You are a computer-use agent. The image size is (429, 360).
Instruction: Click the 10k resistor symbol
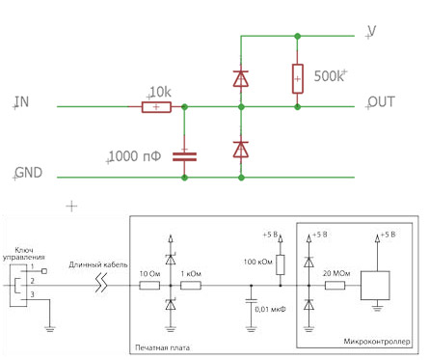pyautogui.click(x=156, y=107)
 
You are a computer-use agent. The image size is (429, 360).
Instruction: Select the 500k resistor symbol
pyautogui.click(x=298, y=78)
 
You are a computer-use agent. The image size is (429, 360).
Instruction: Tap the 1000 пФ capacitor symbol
pyautogui.click(x=184, y=156)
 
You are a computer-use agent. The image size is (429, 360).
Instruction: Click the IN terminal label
pyautogui.click(x=22, y=101)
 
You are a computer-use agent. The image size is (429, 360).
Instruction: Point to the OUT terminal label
pyautogui.click(x=381, y=101)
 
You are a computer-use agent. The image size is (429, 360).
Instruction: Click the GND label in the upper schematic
pyautogui.click(x=29, y=173)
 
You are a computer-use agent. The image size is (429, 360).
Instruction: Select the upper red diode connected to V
pyautogui.click(x=241, y=78)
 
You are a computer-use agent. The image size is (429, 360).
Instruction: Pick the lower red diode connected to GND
pyautogui.click(x=241, y=150)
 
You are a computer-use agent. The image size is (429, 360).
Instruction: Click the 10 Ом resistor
pyautogui.click(x=149, y=286)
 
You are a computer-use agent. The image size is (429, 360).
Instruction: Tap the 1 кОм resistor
pyautogui.click(x=191, y=286)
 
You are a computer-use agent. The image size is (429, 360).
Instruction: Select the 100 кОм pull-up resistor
pyautogui.click(x=281, y=264)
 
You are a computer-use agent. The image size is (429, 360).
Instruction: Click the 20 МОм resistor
pyautogui.click(x=335, y=286)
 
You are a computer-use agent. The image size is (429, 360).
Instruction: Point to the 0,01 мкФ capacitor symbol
pyautogui.click(x=252, y=301)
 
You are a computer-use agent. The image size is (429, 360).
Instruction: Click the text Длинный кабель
pyautogui.click(x=98, y=264)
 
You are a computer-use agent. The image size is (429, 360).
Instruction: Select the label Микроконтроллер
pyautogui.click(x=377, y=341)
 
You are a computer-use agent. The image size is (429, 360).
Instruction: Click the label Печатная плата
pyautogui.click(x=162, y=347)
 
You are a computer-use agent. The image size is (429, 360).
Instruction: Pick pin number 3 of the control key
pyautogui.click(x=32, y=294)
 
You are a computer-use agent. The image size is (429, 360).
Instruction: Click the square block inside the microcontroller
pyautogui.click(x=375, y=286)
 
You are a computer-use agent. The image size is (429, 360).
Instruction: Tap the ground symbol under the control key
pyautogui.click(x=50, y=328)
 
